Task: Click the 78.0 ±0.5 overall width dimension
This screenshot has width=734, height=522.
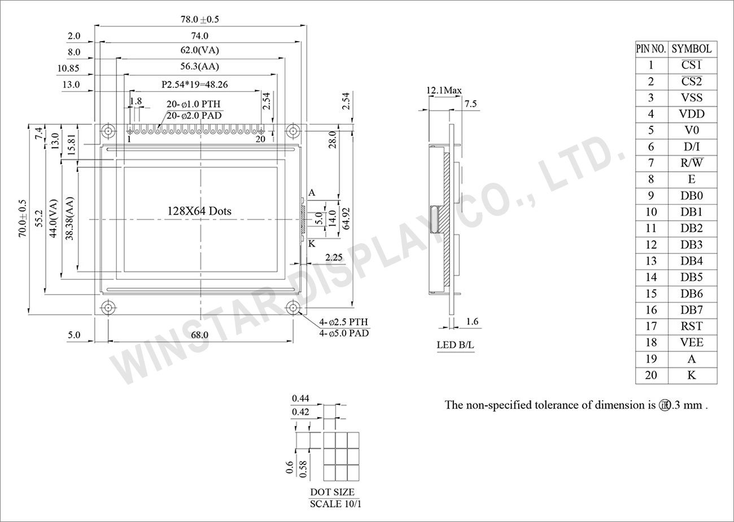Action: pyautogui.click(x=199, y=19)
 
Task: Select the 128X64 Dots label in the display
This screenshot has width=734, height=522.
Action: pyautogui.click(x=199, y=211)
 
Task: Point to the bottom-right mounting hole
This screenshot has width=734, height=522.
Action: pyautogui.click(x=292, y=308)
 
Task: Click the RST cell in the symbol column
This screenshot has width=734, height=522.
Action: pyautogui.click(x=692, y=326)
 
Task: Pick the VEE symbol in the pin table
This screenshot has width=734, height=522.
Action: pyautogui.click(x=692, y=343)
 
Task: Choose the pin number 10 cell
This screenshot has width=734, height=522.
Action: pyautogui.click(x=651, y=212)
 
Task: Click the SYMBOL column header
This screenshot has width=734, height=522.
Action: pyautogui.click(x=692, y=49)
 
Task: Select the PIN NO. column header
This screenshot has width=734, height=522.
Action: pyautogui.click(x=651, y=49)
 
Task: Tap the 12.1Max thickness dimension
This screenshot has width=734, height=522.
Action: pyautogui.click(x=444, y=90)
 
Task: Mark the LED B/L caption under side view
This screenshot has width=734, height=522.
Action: pyautogui.click(x=455, y=345)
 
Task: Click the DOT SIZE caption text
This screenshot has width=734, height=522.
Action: pyautogui.click(x=333, y=492)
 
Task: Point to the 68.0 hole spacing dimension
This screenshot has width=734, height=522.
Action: pyautogui.click(x=199, y=335)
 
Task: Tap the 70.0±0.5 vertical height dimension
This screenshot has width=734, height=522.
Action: pyautogui.click(x=23, y=219)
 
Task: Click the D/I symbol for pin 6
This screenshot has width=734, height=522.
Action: pyautogui.click(x=692, y=147)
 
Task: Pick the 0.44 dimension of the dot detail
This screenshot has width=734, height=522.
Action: pyautogui.click(x=300, y=398)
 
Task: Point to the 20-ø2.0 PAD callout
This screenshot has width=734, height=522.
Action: pyautogui.click(x=194, y=115)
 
